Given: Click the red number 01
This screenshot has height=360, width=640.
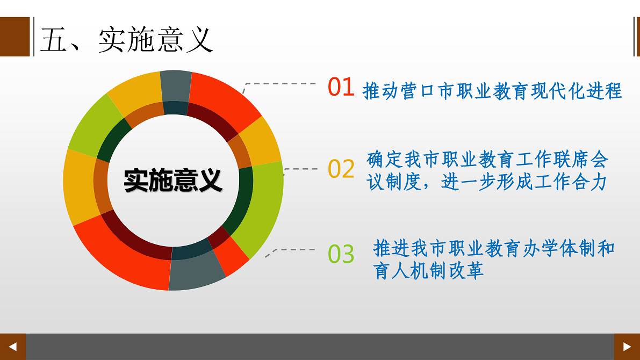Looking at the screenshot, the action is tap(341, 87).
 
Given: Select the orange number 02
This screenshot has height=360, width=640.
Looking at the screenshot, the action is tap(341, 169).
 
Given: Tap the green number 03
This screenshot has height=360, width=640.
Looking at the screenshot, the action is tap(341, 254).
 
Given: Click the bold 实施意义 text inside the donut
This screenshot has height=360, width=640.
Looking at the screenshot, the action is tap(173, 180).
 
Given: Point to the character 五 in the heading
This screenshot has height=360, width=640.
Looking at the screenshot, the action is tap(54, 40).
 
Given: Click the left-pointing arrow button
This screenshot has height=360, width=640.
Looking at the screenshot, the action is tap(13, 347).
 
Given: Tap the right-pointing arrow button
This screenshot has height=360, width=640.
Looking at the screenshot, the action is tap(627, 347).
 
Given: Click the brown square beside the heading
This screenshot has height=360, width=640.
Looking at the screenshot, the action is tap(15, 37).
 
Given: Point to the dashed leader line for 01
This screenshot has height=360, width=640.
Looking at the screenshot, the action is tap(279, 84).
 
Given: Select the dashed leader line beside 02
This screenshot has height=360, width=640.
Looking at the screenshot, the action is tap(300, 169).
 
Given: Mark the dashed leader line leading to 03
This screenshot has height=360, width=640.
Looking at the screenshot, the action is tap(290, 249).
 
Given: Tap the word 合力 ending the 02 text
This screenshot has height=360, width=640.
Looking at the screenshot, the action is tap(590, 182).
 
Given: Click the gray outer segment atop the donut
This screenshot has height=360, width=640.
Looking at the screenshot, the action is tap(176, 86).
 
